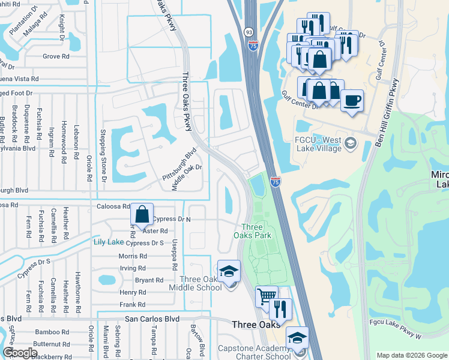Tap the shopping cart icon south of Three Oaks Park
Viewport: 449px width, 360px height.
(267, 296)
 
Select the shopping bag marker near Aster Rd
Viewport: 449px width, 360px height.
(141, 214)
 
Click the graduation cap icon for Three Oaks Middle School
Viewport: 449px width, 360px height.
(229, 272)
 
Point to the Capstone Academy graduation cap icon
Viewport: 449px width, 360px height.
(297, 338)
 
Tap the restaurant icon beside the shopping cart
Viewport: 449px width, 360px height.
(280, 308)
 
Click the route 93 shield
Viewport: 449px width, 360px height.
(249, 31)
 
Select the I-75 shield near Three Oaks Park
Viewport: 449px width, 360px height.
(276, 181)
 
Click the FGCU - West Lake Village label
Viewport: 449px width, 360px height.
(318, 144)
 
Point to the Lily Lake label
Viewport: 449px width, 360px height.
(108, 242)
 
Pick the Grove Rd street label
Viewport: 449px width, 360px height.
(56, 57)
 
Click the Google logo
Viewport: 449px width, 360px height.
(21, 353)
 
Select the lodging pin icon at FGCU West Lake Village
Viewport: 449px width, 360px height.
(351, 143)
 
